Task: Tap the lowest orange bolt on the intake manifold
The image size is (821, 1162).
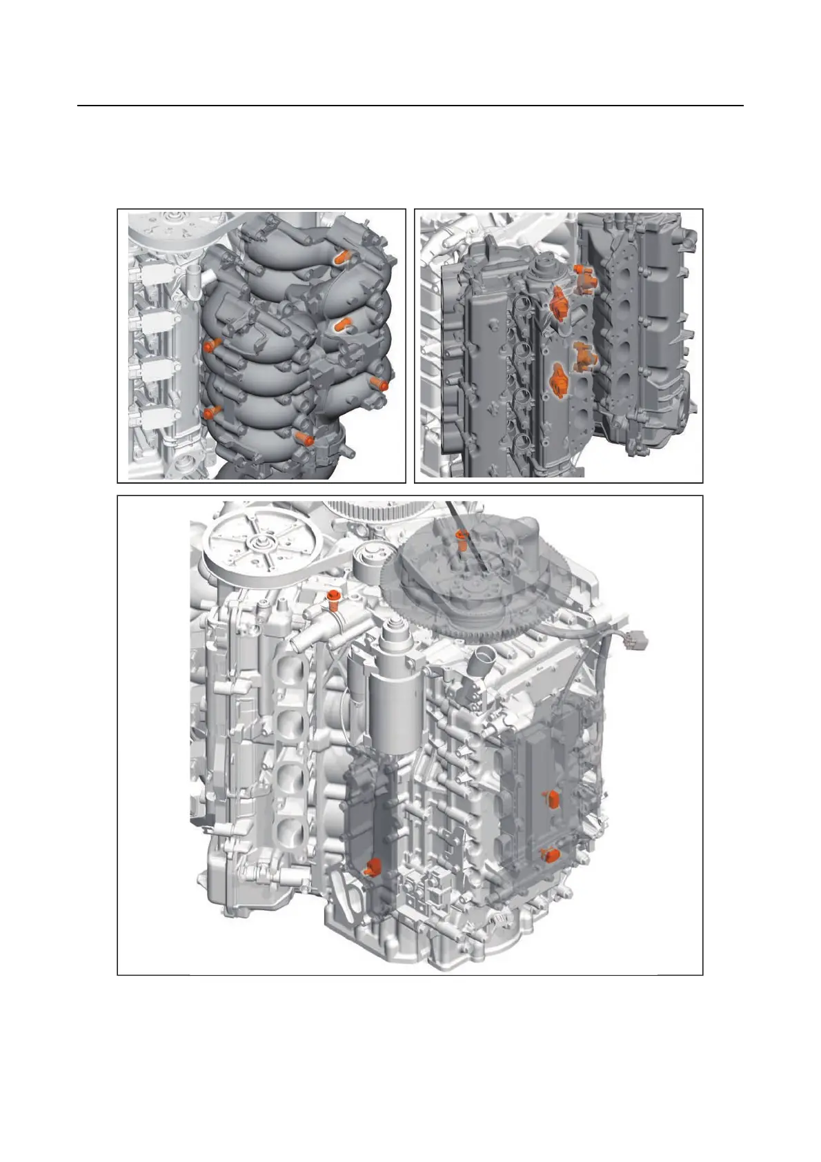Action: point(304,437)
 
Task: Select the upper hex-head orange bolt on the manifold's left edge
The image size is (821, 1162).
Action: point(212,345)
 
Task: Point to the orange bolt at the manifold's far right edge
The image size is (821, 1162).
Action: point(379,383)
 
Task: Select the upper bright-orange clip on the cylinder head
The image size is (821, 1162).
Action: point(558,304)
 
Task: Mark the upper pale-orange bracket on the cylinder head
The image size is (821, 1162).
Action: point(585,276)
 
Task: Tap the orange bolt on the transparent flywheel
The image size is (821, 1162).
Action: point(461,536)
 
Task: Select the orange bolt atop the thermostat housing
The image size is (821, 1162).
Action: point(335,598)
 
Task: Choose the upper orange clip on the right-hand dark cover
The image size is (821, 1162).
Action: point(552,799)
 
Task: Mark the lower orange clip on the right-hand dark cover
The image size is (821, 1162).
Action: point(550,855)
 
